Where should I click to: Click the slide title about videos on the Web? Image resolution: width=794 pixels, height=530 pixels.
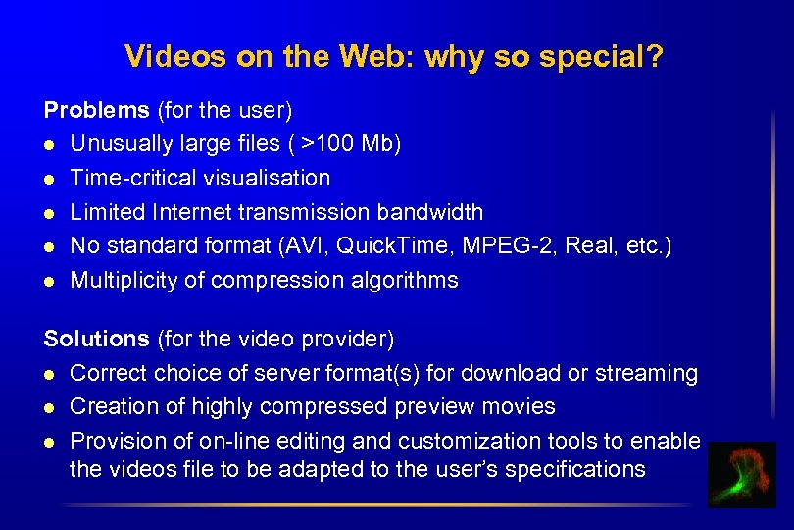coord(394,57)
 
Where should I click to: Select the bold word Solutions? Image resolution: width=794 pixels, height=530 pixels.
coord(96,340)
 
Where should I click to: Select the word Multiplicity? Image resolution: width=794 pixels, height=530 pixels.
coord(124,280)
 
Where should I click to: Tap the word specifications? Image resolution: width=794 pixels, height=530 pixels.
coord(573,469)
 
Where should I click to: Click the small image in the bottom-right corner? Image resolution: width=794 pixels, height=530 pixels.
coord(742,475)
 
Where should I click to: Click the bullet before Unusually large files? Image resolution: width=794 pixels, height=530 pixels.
coord(49,144)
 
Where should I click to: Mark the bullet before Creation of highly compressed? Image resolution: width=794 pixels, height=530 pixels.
coord(49,407)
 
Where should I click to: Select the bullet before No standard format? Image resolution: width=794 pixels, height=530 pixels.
coord(49,246)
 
